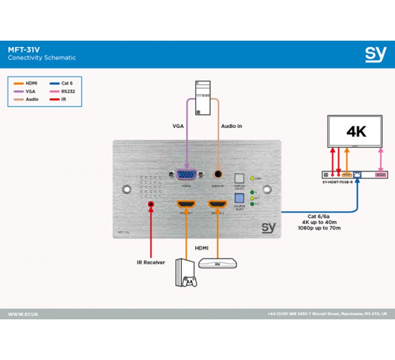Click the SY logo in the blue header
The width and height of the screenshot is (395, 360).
[375, 54]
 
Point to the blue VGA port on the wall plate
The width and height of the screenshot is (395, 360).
[186, 175]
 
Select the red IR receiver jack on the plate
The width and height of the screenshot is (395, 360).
[151, 204]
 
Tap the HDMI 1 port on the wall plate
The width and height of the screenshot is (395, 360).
[185, 204]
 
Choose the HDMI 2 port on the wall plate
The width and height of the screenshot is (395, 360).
[218, 204]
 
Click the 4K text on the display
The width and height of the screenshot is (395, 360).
[356, 132]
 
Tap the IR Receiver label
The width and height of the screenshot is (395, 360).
[152, 263]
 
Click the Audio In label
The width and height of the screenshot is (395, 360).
[231, 126]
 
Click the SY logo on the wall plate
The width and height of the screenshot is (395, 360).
[269, 227]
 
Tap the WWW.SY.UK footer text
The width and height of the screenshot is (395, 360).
[23, 314]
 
